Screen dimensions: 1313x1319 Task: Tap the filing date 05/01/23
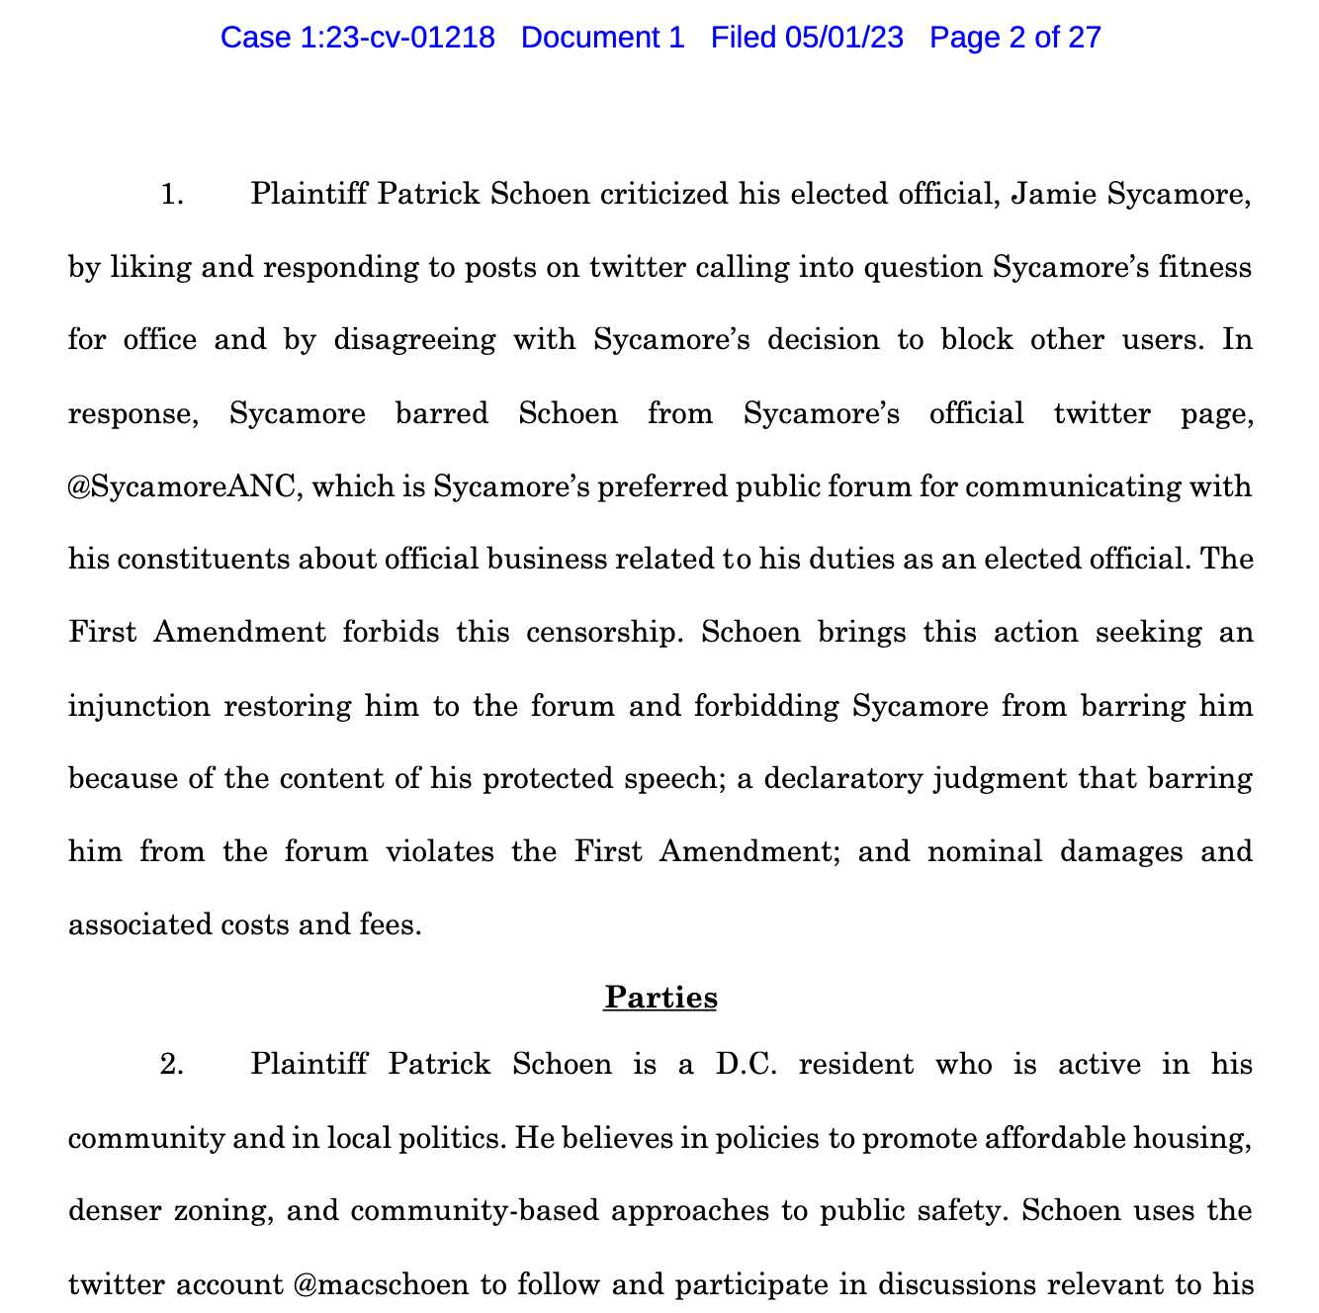tap(844, 38)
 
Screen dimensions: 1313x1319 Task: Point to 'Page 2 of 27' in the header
tap(1015, 38)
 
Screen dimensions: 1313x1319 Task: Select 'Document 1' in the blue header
tap(602, 38)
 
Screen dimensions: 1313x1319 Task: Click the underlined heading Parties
tap(660, 998)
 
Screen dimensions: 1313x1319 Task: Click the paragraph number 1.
tap(172, 194)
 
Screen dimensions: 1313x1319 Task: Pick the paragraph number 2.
tap(172, 1065)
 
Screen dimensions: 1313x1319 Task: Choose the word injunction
tap(138, 706)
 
